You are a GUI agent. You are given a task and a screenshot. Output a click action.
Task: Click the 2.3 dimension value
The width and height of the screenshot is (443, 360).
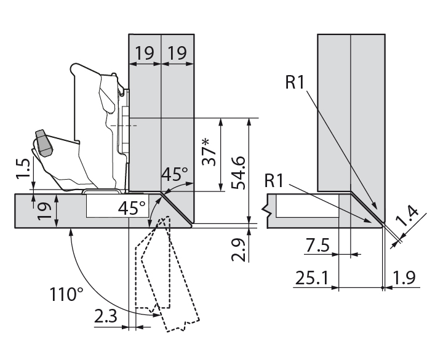point(108,318)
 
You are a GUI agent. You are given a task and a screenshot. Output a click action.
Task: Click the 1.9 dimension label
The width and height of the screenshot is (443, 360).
point(402,279)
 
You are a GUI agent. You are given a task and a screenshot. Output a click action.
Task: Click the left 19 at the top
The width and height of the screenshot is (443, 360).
point(145,53)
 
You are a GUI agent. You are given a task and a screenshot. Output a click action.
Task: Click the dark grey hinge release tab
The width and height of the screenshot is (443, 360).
point(43,143)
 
